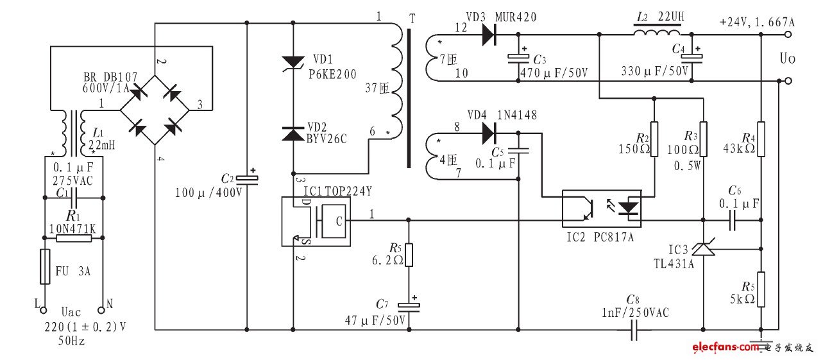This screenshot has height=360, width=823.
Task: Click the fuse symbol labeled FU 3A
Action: pos(45,267)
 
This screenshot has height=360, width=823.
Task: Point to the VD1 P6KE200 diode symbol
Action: pos(294,62)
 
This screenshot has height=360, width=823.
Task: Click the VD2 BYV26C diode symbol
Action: pos(294,133)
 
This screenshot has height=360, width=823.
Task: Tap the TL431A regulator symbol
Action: pos(704,247)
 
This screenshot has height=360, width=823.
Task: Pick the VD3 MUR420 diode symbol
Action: pos(489,35)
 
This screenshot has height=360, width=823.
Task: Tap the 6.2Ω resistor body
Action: pos(409,255)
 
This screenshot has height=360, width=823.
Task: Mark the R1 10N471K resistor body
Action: pos(73,238)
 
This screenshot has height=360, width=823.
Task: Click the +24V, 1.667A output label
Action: pos(757,21)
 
